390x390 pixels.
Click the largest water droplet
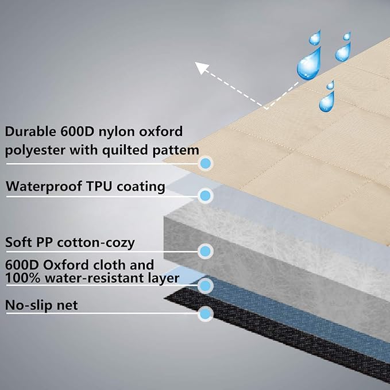click(x=308, y=65)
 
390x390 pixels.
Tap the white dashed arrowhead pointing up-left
click(x=202, y=68)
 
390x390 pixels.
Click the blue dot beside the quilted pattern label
click(x=205, y=163)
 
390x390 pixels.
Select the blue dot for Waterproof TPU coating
click(x=205, y=195)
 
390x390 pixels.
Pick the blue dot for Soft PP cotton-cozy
click(x=204, y=251)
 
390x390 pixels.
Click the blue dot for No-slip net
click(x=204, y=314)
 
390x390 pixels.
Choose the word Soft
click(x=18, y=242)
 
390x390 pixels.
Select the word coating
click(x=143, y=187)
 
